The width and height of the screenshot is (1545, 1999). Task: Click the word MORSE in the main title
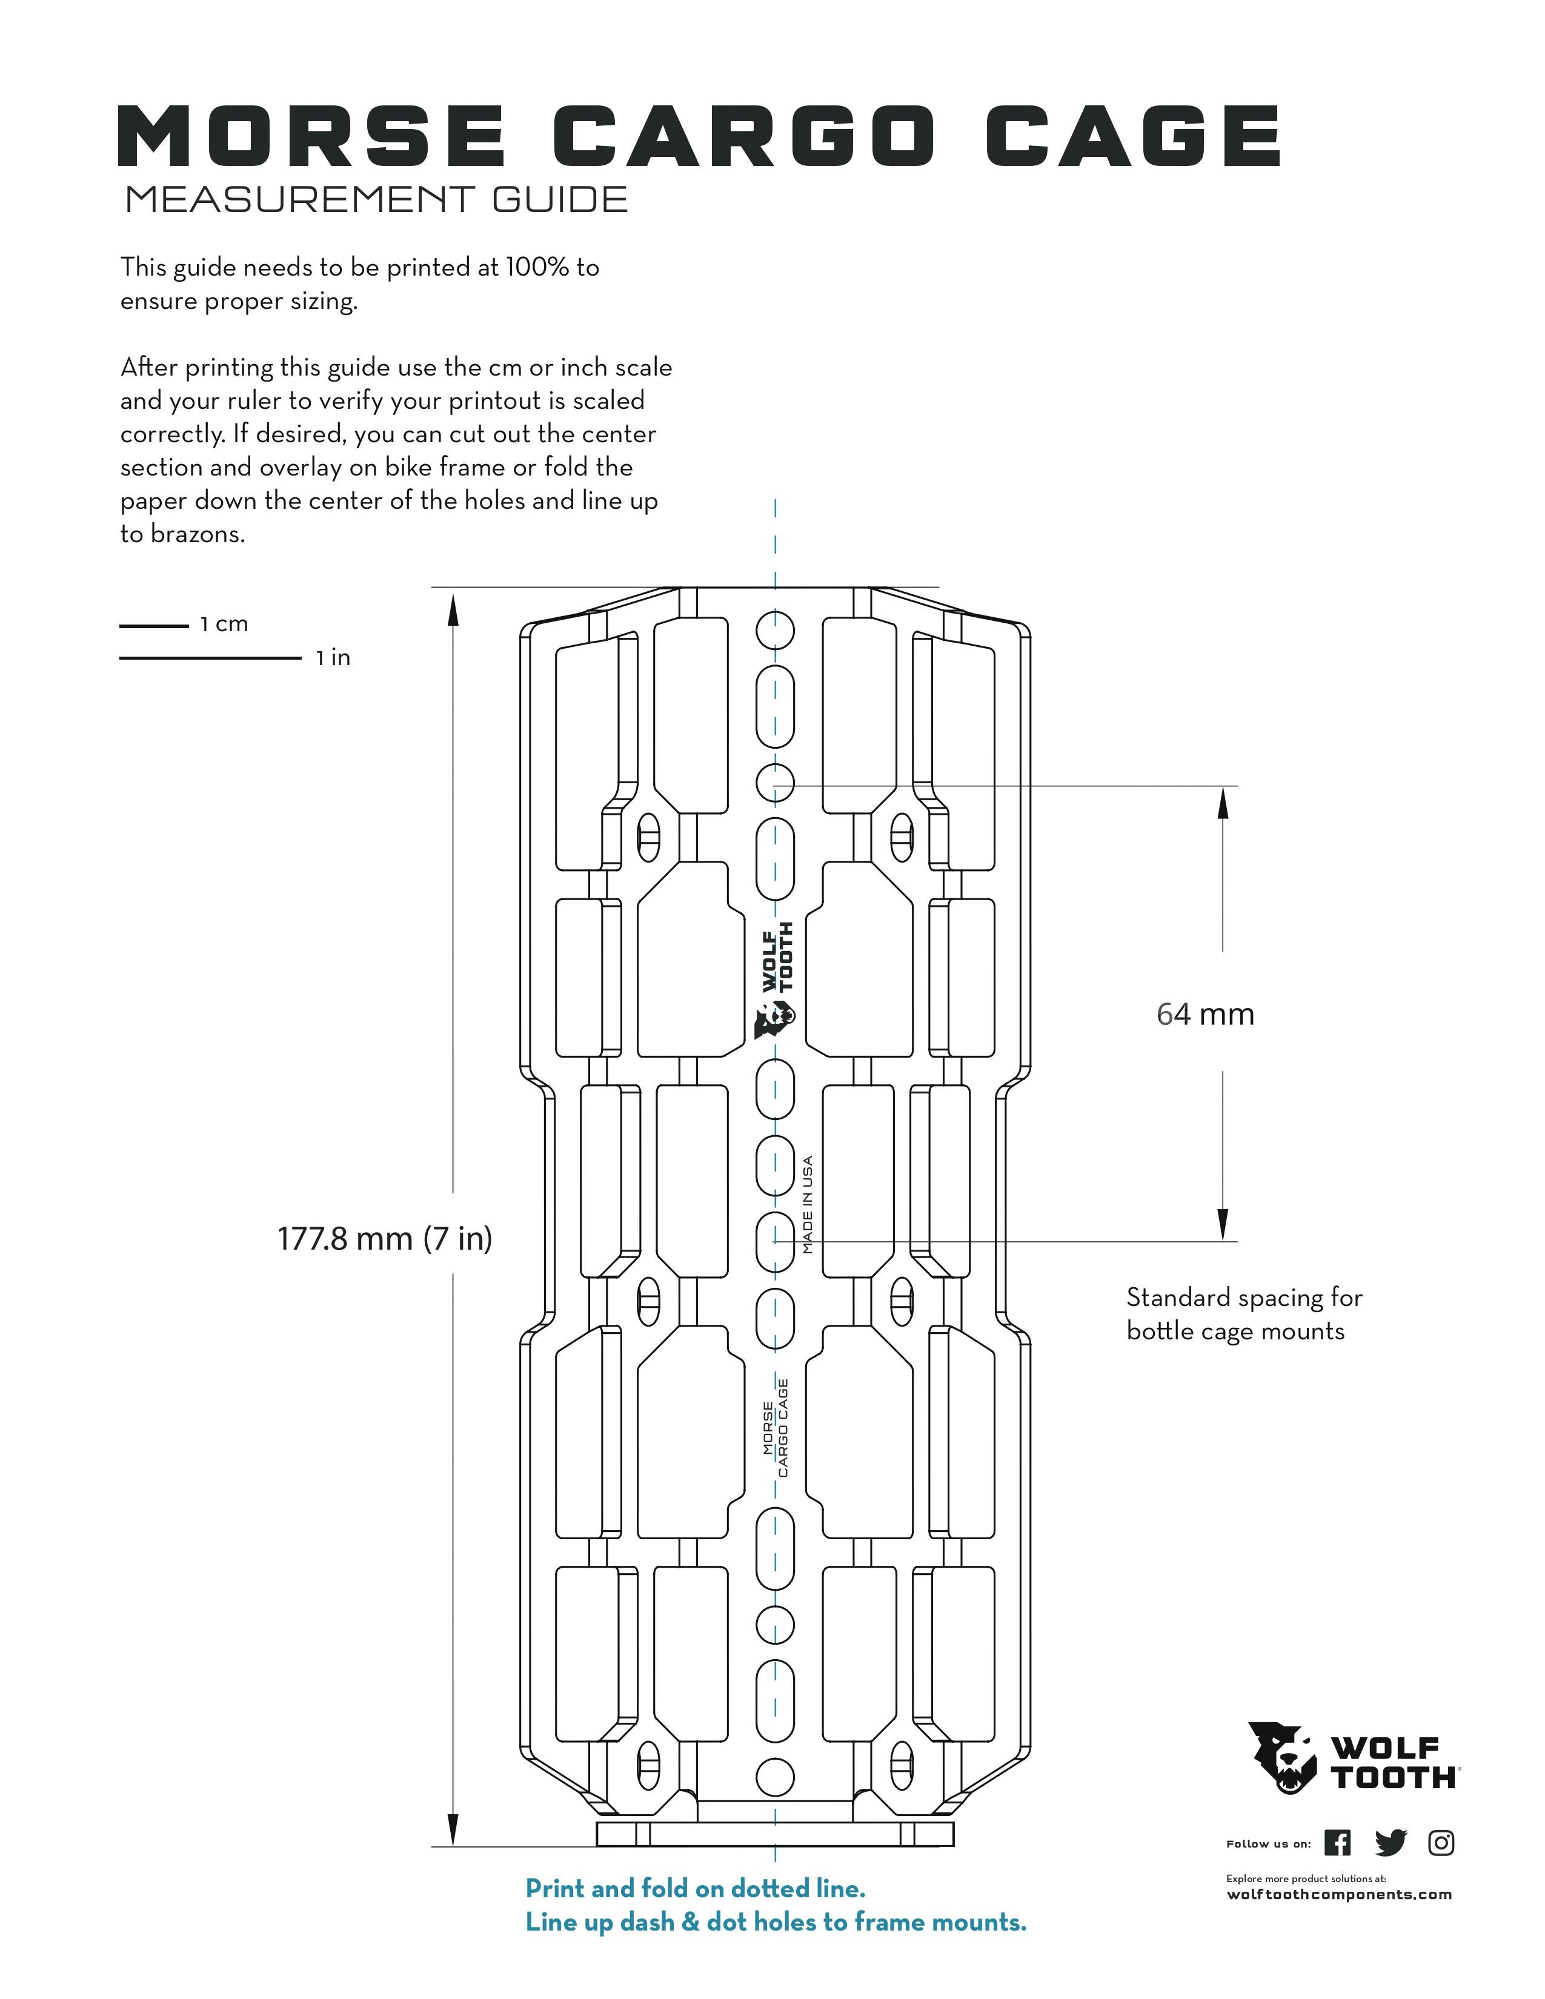point(311,136)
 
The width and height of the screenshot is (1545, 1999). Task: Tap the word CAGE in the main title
point(1133,136)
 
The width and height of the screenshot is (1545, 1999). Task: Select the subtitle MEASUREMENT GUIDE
point(376,199)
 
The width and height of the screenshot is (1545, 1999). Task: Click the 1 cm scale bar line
point(154,626)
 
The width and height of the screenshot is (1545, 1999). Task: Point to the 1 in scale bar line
point(210,658)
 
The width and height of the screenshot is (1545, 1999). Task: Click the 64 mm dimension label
point(1206,1014)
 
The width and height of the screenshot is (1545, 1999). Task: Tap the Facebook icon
point(1337,1843)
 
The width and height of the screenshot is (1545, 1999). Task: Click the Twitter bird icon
point(1390,1843)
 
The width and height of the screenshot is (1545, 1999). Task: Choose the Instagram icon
point(1441,1843)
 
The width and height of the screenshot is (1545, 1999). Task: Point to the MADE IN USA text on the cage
point(807,1204)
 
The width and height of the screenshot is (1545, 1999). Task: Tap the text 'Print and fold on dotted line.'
point(696,1888)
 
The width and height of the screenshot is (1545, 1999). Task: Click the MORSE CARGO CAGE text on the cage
point(776,1427)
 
